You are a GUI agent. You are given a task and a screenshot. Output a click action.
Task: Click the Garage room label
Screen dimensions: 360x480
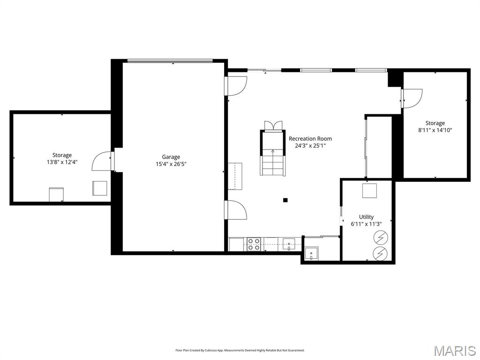(171, 157)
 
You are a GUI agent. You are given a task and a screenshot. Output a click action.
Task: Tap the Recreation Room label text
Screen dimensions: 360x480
(310, 139)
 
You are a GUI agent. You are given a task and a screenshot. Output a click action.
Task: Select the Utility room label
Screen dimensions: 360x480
(366, 217)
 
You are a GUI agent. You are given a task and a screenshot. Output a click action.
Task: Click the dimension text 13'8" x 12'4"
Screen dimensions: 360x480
(62, 162)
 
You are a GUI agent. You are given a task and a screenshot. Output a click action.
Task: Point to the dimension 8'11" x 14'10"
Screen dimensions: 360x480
(435, 130)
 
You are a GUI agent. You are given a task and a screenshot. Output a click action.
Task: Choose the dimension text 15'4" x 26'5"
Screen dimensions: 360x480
(171, 164)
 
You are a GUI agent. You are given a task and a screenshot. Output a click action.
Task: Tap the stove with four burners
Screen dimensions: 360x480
(254, 244)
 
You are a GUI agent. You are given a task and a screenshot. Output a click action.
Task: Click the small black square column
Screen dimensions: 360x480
(285, 200)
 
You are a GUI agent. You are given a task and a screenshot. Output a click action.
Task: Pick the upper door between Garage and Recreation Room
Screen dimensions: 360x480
(237, 85)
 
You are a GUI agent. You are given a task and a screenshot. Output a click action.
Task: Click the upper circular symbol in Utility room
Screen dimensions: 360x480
(381, 238)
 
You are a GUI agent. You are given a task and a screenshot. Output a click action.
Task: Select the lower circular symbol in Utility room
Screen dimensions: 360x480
(381, 253)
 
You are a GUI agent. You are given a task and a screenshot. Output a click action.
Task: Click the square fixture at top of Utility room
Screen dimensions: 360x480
(369, 191)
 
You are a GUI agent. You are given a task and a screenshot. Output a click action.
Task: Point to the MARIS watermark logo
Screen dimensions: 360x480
(454, 351)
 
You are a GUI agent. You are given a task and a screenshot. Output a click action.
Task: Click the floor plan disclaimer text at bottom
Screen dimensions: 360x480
(240, 350)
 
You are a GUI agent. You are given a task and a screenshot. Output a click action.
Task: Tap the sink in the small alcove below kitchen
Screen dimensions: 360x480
(311, 254)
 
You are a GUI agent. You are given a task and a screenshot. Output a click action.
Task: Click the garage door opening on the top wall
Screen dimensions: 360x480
(170, 60)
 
